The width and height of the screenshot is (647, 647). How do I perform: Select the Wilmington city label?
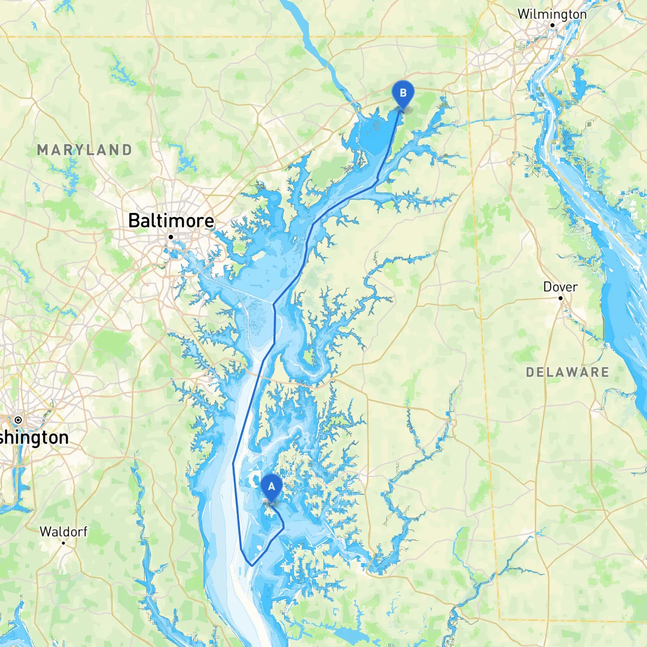[552, 14]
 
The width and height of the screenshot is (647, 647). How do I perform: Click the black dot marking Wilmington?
[552, 25]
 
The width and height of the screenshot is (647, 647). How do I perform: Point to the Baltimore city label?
[171, 221]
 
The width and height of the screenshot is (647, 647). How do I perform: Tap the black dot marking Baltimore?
[171, 237]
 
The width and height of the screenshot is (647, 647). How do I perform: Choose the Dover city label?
[560, 287]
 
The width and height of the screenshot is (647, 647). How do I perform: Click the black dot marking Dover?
[561, 298]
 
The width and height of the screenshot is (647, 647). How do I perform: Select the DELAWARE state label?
[567, 373]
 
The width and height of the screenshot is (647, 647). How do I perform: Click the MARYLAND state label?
[84, 150]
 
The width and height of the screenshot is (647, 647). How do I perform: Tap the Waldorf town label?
[63, 532]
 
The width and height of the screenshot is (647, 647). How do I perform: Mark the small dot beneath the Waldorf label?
[63, 543]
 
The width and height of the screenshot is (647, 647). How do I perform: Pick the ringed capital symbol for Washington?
[18, 420]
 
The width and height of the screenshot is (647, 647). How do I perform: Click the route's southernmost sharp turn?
[251, 565]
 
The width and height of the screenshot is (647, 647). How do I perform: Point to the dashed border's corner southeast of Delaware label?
[499, 619]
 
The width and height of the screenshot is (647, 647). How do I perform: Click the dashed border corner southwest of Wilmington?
[466, 37]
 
